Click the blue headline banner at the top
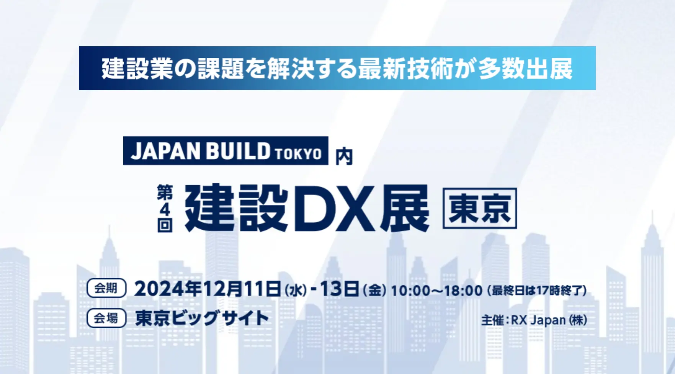[337, 68]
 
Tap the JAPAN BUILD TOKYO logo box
[226, 151]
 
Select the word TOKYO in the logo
[298, 154]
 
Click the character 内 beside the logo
[344, 157]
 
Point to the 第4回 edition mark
[165, 209]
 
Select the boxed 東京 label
[480, 208]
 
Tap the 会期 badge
[106, 288]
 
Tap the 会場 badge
[106, 318]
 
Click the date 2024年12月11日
[207, 289]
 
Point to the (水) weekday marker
[296, 290]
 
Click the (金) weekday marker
[374, 290]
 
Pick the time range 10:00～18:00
[436, 291]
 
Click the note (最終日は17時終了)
[537, 291]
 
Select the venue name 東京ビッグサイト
[202, 318]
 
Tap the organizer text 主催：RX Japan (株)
[534, 320]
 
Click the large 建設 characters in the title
[237, 208]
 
